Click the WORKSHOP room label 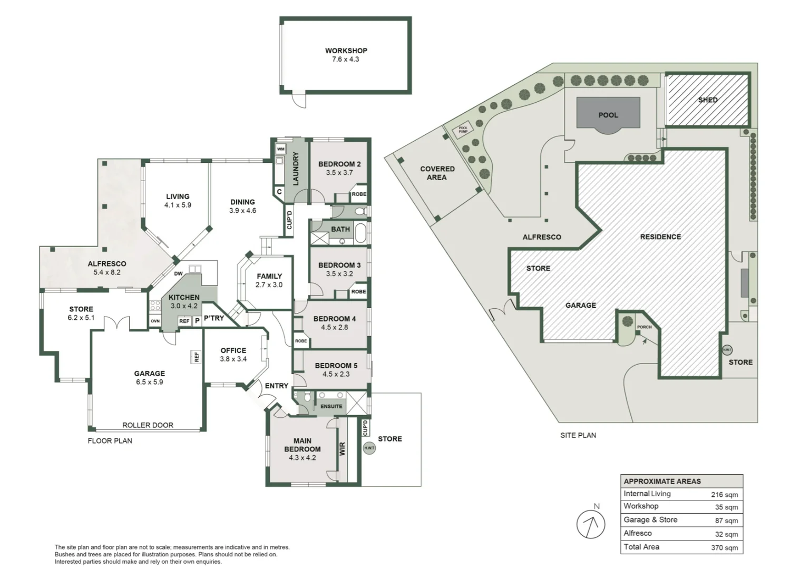pos(346,51)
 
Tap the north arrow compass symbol pos(591,524)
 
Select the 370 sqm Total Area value pos(724,548)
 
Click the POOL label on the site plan pos(608,115)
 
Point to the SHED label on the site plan pos(707,100)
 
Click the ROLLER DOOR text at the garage pos(148,425)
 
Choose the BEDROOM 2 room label pos(339,164)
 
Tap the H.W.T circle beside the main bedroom pos(369,448)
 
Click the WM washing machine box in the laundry pos(281,149)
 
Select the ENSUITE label pos(331,406)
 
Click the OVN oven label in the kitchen pos(155,321)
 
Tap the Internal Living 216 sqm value pos(724,495)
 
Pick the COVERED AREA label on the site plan pos(437,173)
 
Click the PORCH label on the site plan pos(644,327)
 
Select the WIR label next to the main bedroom pos(342,449)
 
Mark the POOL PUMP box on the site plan pos(463,129)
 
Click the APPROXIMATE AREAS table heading pos(662,481)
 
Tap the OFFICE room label pos(233,350)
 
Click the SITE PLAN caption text pos(578,435)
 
